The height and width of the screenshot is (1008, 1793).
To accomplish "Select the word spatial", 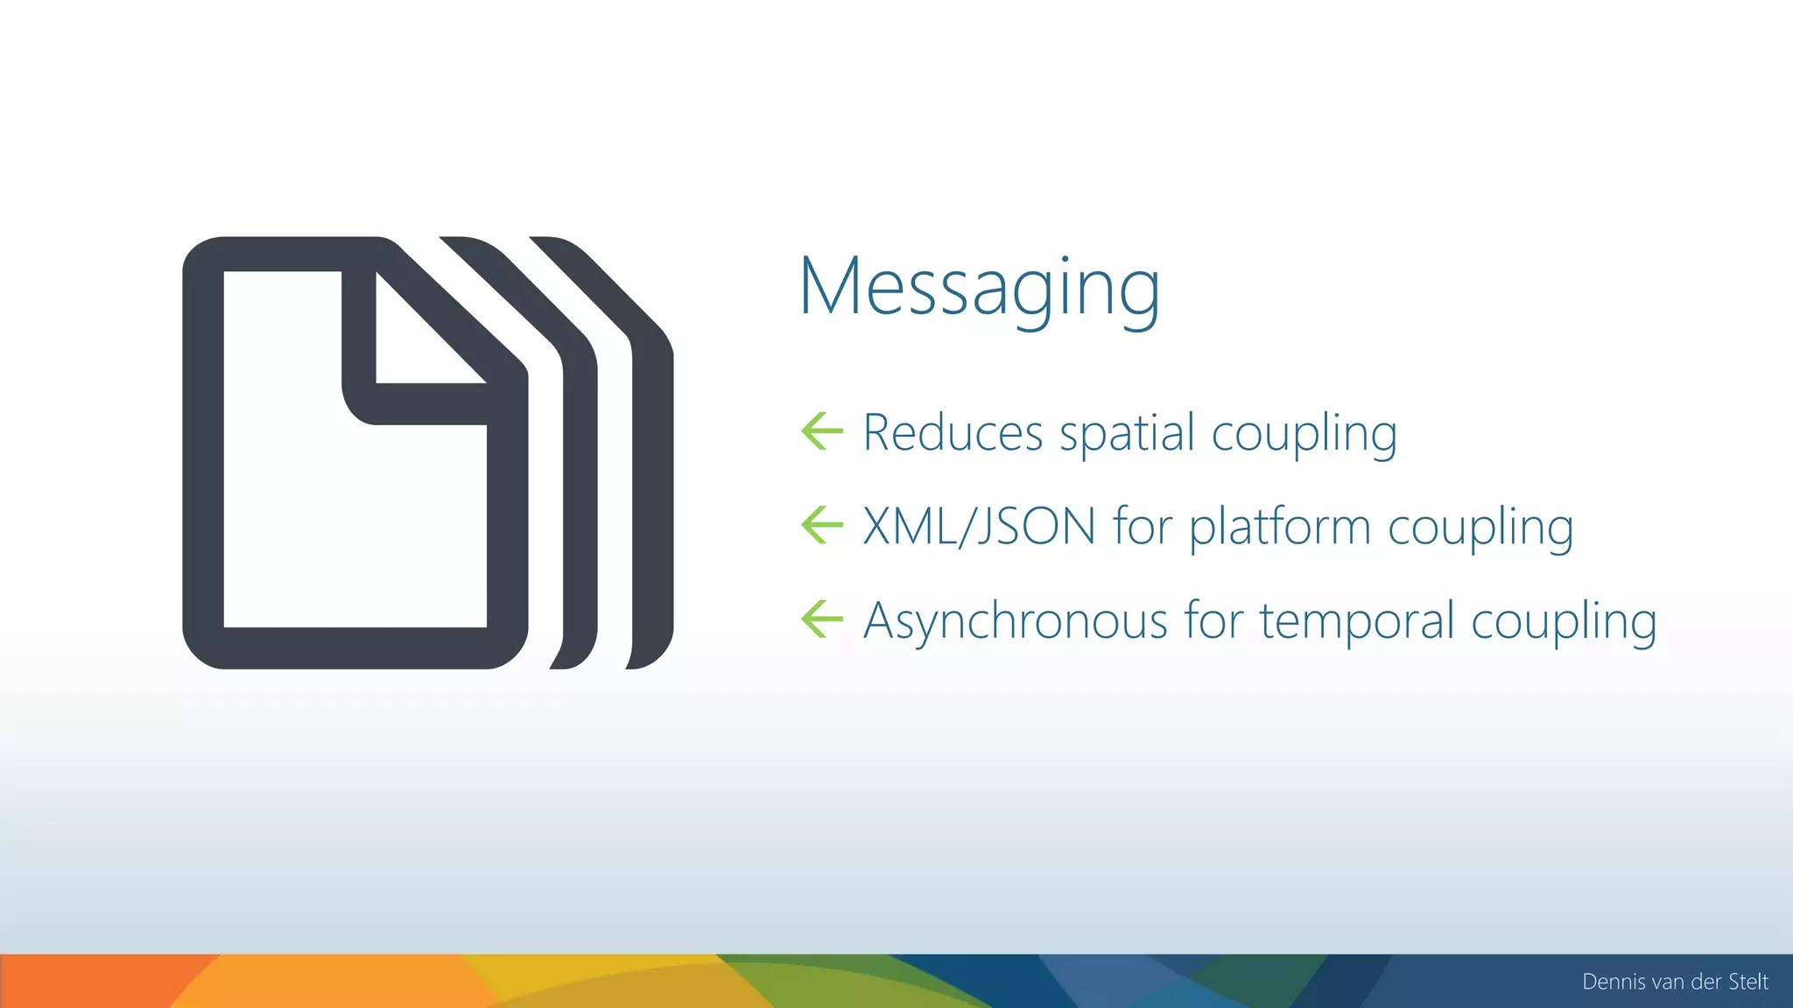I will point(1127,434).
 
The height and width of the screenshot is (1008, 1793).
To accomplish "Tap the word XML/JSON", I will point(979,527).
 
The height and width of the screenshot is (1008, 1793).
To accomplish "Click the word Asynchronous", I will point(1016,621).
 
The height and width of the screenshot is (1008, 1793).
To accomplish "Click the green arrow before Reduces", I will point(822,430).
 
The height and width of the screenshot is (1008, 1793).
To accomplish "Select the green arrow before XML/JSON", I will point(822,525).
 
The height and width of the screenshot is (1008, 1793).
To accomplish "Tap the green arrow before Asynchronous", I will point(822,619).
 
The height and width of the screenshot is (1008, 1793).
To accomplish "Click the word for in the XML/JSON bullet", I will point(1142,527).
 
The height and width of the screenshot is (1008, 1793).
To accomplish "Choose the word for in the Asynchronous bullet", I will point(1213,621).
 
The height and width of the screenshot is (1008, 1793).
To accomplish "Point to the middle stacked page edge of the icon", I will point(579,490).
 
